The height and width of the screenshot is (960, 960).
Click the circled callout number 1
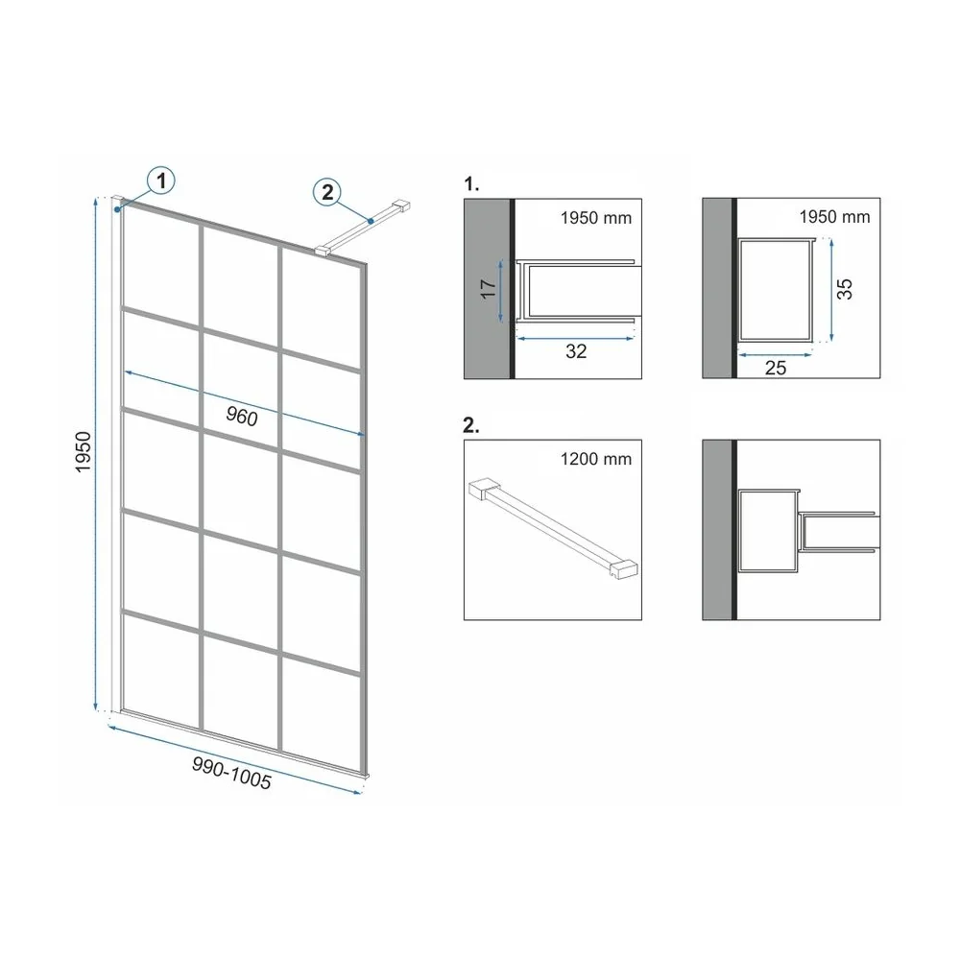(161, 180)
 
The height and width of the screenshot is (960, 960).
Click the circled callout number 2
(327, 192)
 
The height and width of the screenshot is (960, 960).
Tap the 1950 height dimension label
(84, 452)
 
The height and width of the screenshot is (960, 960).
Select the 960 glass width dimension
(242, 417)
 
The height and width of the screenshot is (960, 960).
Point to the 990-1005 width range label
(231, 772)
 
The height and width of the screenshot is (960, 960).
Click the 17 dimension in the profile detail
(488, 288)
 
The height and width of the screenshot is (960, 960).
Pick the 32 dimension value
(576, 350)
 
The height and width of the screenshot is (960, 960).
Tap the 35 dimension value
(844, 288)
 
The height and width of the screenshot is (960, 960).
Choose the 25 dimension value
(776, 368)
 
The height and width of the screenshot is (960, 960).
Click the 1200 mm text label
(596, 459)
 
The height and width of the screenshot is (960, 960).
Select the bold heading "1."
(471, 183)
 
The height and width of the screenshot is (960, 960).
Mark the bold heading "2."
(471, 425)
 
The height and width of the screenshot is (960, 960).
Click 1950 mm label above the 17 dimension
(596, 217)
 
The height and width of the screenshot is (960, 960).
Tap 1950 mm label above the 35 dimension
(834, 216)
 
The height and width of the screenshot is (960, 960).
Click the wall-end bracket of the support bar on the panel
(401, 206)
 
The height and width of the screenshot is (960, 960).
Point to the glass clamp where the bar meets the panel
(324, 251)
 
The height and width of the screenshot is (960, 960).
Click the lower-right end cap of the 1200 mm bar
(624, 570)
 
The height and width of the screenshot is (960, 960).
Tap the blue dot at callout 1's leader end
(116, 209)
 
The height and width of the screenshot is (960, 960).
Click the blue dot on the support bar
(371, 221)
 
